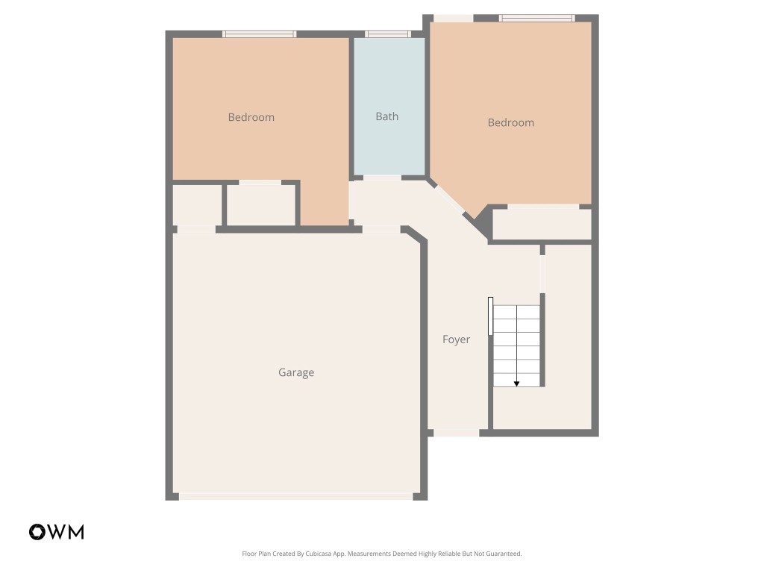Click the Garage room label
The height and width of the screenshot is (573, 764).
[x=296, y=372]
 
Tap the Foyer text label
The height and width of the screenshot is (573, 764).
[x=456, y=339]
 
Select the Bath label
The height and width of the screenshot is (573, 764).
[x=386, y=116]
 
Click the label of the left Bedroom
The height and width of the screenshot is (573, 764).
[x=251, y=117]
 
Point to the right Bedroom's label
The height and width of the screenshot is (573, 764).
[x=510, y=122]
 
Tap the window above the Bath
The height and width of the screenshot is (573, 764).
[x=388, y=34]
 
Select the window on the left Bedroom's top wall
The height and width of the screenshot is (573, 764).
[x=260, y=34]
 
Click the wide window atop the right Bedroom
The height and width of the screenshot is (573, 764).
[x=536, y=18]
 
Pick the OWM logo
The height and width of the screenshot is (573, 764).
[x=57, y=532]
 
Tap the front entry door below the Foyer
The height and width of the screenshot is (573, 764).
[x=457, y=432]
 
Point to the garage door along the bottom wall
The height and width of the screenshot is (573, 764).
[x=296, y=496]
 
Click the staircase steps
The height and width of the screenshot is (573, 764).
[x=516, y=345]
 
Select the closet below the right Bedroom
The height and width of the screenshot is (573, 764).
[x=542, y=225]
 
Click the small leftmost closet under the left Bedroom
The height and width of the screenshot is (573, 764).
[x=197, y=204]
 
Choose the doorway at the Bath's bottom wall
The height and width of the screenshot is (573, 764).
[x=382, y=178]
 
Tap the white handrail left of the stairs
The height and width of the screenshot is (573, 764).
[x=490, y=316]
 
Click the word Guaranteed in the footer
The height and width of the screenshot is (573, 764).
[x=502, y=554]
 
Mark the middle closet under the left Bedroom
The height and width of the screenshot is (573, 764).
[x=261, y=204]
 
